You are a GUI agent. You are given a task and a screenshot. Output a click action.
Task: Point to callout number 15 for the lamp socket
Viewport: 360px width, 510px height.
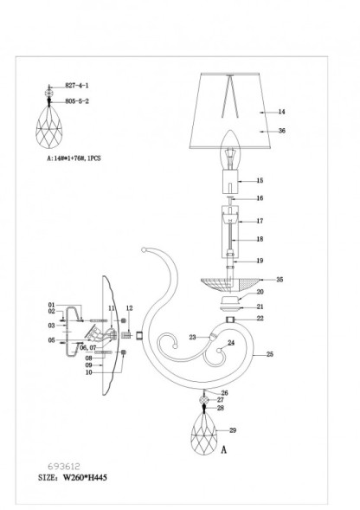[260, 180]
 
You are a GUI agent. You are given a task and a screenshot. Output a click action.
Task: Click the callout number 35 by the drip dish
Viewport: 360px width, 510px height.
[280, 280]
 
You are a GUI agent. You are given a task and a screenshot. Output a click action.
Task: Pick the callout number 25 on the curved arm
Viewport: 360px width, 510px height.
[269, 355]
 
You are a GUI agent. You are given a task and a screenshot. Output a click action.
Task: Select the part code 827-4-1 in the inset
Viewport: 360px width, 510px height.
[78, 87]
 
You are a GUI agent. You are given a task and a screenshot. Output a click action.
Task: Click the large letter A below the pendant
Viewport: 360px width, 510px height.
[224, 450]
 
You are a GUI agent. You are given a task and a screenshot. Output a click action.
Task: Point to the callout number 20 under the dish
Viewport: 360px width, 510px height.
[260, 293]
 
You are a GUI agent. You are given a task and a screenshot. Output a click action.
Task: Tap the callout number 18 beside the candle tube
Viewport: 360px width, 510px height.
[260, 238]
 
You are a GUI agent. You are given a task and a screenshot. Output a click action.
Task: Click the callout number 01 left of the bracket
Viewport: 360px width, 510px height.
[52, 304]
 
